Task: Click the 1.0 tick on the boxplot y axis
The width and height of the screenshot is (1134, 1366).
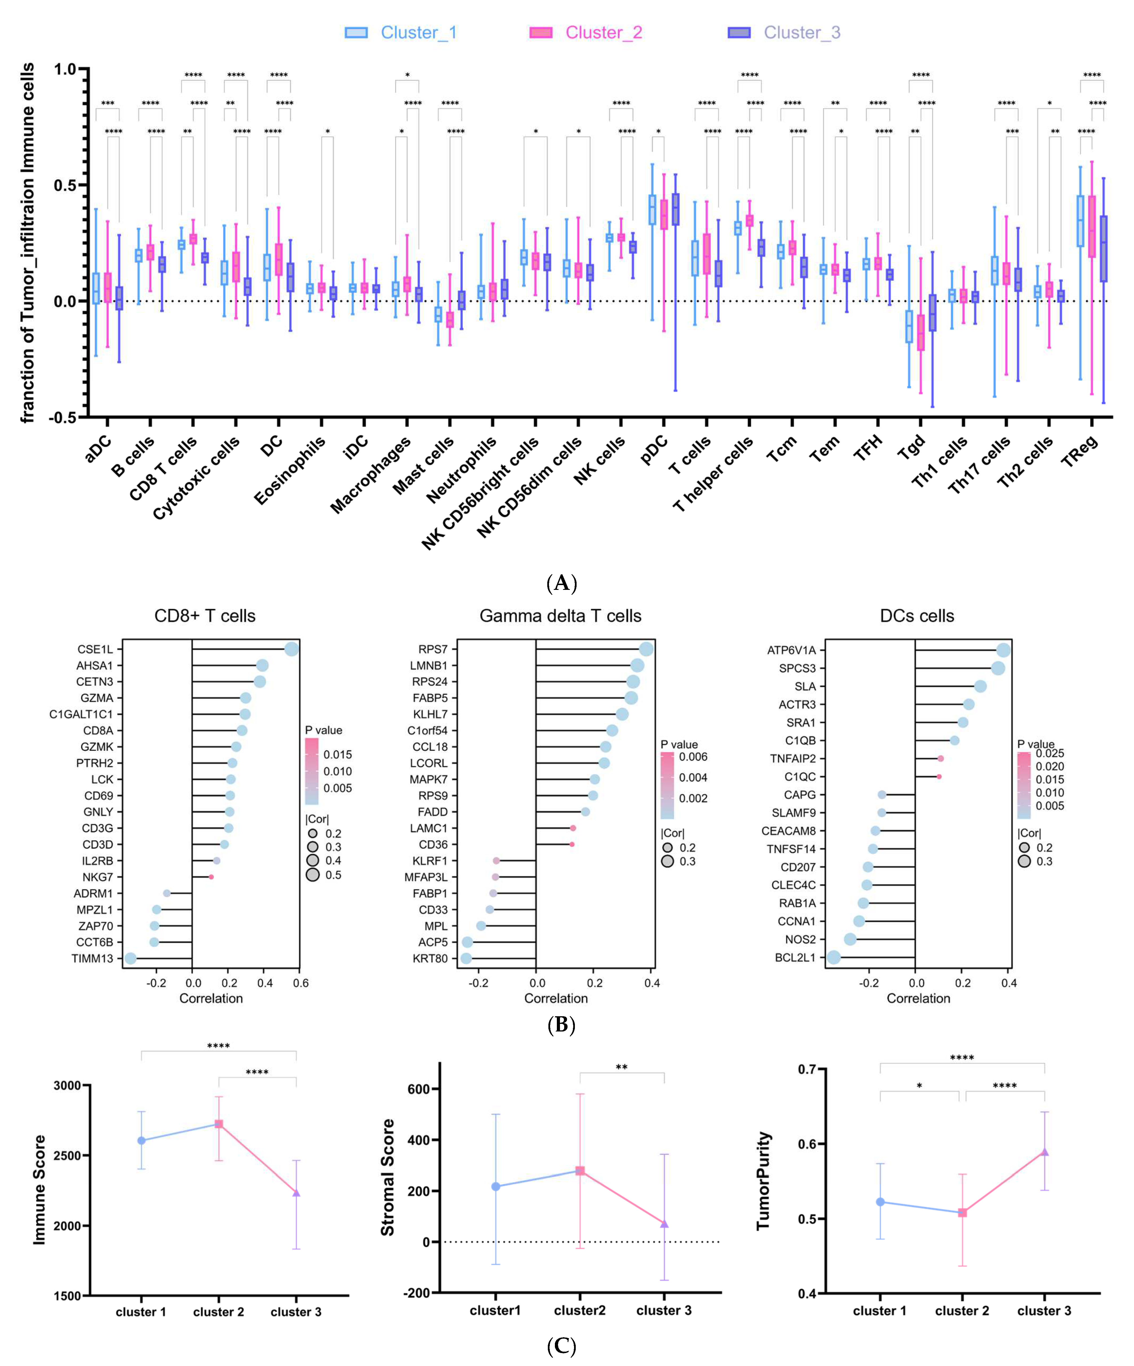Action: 65,69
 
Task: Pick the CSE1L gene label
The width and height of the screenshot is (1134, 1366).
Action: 95,649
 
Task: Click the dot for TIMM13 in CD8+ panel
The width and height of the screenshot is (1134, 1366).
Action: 131,958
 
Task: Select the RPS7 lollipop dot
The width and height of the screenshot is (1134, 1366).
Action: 646,649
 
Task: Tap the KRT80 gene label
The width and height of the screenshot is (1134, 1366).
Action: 430,958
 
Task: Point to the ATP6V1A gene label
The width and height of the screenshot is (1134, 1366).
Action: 791,650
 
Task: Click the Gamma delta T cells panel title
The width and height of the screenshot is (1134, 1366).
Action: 560,616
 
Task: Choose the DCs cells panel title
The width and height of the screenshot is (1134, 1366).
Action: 917,616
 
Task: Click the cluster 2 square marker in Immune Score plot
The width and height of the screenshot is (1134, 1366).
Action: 219,1124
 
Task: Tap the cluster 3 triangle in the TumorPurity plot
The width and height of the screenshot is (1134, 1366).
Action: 1044,1152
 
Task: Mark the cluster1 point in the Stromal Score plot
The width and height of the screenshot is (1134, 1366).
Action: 496,1186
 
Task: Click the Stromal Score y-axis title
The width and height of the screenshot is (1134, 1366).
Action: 388,1177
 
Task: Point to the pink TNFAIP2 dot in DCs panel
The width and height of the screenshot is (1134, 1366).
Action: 940,758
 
